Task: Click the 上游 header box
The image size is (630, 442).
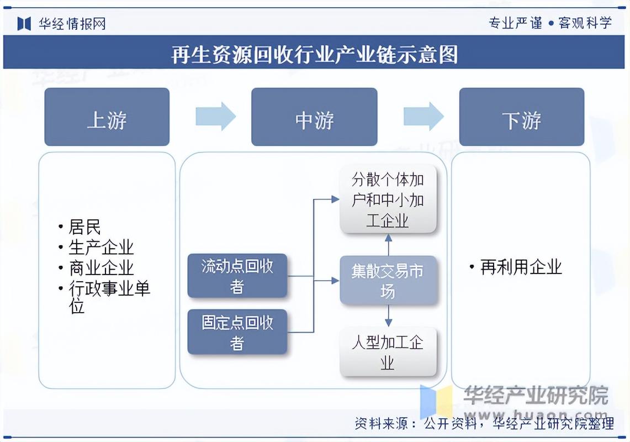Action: [107, 117]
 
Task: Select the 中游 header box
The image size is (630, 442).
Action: [314, 117]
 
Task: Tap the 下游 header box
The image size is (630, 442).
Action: [521, 117]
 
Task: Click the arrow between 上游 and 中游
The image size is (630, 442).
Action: [215, 117]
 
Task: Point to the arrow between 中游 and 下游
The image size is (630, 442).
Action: [423, 117]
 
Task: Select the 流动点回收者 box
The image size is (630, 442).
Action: [237, 276]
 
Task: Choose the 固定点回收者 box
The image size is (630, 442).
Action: [237, 332]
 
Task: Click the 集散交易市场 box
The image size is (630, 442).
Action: [388, 281]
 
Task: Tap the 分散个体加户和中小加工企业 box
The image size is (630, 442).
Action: [388, 199]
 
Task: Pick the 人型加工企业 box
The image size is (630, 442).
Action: [388, 352]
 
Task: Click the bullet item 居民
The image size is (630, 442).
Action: [84, 227]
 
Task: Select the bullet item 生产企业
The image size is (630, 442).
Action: [100, 247]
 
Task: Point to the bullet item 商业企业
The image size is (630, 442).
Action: [100, 268]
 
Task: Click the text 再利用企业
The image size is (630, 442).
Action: [521, 267]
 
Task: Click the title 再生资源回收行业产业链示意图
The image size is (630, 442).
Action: [314, 54]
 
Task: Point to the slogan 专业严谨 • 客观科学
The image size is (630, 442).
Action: [550, 23]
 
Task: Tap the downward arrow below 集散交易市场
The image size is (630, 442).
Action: [388, 316]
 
